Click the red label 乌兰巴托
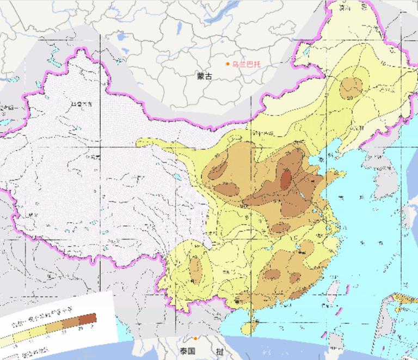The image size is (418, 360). click(x=246, y=64)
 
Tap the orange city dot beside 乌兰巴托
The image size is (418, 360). click(x=228, y=64)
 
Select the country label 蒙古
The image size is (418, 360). click(x=205, y=77)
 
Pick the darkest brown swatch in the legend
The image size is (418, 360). click(x=87, y=319)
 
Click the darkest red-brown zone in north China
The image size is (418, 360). click(x=285, y=179)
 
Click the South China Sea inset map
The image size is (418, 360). click(x=396, y=324)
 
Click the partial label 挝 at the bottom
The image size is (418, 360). click(x=218, y=352)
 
